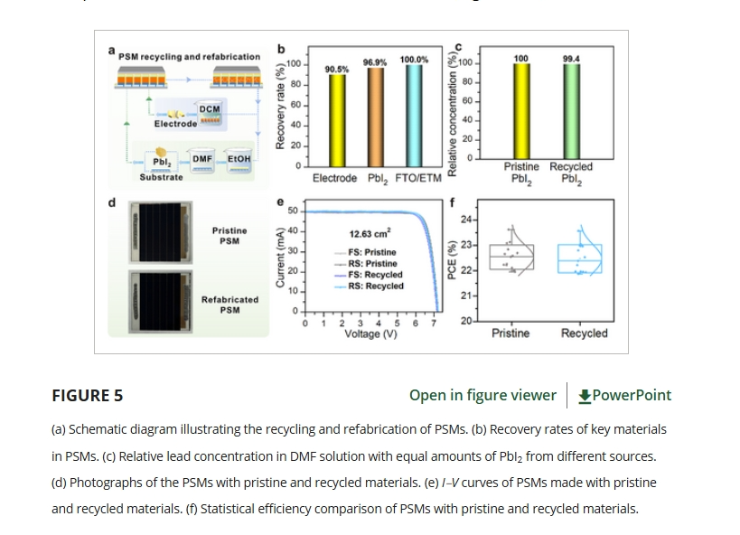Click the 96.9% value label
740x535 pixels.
click(x=375, y=62)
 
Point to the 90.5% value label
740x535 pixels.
click(x=337, y=69)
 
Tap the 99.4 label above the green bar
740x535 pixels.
click(x=571, y=59)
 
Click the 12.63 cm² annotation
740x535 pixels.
click(x=370, y=233)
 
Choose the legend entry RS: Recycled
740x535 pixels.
click(x=375, y=286)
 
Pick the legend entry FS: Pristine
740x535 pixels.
click(x=371, y=253)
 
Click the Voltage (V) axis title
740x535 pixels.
click(x=370, y=333)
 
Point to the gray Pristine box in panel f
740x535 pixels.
click(x=511, y=257)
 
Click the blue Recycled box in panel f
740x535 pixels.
click(x=579, y=258)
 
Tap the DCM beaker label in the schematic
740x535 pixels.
click(x=210, y=108)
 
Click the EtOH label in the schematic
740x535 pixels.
click(x=239, y=159)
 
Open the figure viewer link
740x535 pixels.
click(x=482, y=395)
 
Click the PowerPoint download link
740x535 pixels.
click(x=624, y=395)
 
